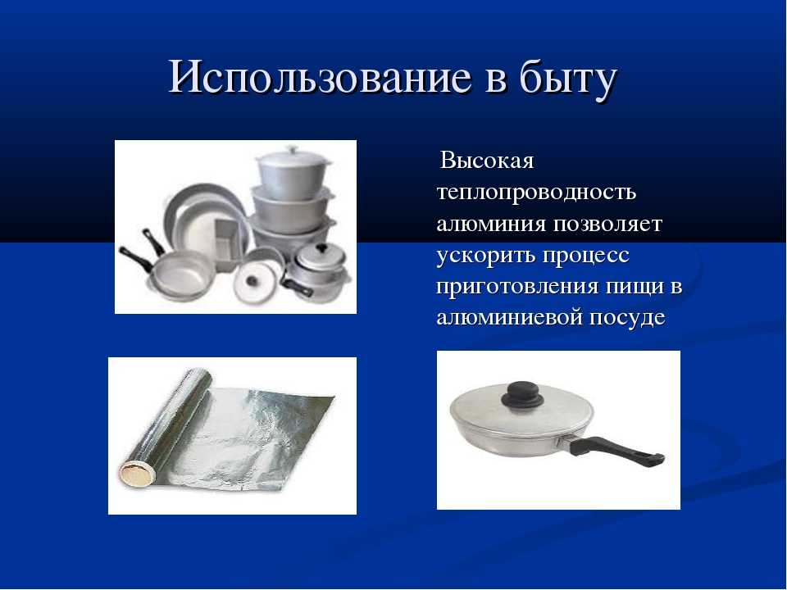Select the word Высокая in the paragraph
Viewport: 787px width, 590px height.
coord(487,161)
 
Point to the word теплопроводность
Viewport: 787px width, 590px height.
coord(536,192)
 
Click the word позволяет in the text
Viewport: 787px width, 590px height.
coord(607,224)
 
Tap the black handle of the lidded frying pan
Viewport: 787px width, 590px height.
coord(616,450)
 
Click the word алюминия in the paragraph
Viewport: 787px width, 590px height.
coord(491,224)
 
